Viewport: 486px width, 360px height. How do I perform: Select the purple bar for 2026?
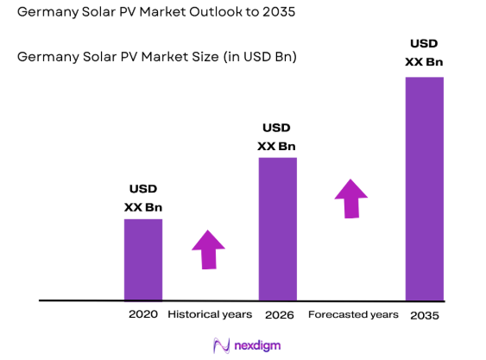(x=277, y=229)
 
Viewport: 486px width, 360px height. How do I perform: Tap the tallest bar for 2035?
(x=424, y=188)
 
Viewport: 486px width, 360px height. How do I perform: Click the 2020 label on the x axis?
(x=142, y=315)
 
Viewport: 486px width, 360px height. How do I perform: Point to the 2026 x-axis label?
(x=279, y=315)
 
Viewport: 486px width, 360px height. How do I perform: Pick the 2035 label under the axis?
(x=424, y=316)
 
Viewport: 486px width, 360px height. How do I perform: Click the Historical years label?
(x=210, y=315)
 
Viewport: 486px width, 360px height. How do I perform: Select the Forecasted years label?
(x=353, y=315)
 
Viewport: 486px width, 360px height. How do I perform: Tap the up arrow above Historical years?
(x=207, y=249)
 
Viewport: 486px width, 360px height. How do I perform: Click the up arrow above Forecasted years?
(x=350, y=199)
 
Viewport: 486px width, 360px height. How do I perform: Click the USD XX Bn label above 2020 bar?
(x=142, y=198)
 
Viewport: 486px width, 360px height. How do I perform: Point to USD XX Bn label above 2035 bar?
(x=424, y=53)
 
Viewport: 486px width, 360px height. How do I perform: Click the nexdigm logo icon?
(x=221, y=344)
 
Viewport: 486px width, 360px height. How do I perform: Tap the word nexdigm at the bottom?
(x=257, y=345)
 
